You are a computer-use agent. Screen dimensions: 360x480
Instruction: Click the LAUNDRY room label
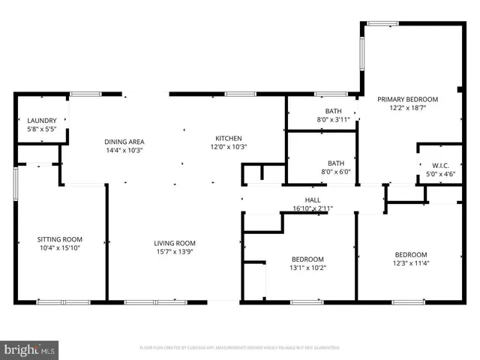(x=42, y=121)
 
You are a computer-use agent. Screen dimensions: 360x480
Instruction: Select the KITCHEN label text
(x=228, y=139)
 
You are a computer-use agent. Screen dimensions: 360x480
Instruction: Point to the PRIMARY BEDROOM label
(x=406, y=99)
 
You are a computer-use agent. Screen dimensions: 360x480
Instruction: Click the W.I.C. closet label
(x=430, y=166)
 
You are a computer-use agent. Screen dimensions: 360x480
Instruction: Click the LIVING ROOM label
(x=175, y=243)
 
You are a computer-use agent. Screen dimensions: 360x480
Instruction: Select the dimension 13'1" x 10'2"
(x=307, y=268)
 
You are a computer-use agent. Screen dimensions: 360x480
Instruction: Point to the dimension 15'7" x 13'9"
(x=175, y=251)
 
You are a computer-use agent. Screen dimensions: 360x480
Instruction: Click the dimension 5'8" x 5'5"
(x=42, y=129)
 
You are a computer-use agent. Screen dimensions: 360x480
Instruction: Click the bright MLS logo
(x=30, y=349)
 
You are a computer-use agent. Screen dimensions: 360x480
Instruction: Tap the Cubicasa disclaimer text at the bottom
(x=240, y=348)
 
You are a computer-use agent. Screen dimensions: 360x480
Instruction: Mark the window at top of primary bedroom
(x=382, y=24)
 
